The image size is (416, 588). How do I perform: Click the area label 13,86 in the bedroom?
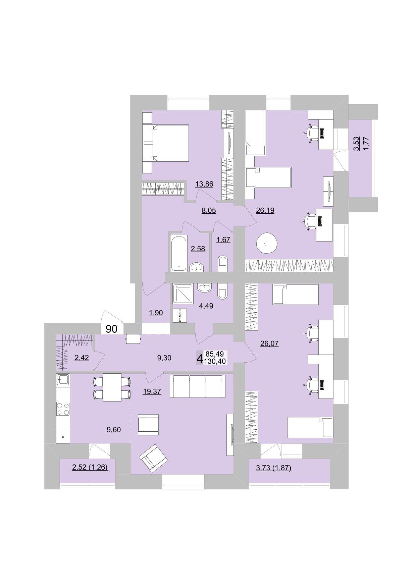[x=204, y=184]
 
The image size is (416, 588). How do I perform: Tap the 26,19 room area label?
[x=265, y=211]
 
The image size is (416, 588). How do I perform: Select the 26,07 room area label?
[x=269, y=343]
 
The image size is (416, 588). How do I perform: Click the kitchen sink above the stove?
[x=63, y=381]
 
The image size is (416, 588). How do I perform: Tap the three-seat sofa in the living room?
[x=197, y=386]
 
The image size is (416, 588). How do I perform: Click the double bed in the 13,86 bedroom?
[x=166, y=143]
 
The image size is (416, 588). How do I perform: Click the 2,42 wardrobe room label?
[x=82, y=358]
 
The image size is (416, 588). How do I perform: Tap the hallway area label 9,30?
[x=164, y=358]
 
